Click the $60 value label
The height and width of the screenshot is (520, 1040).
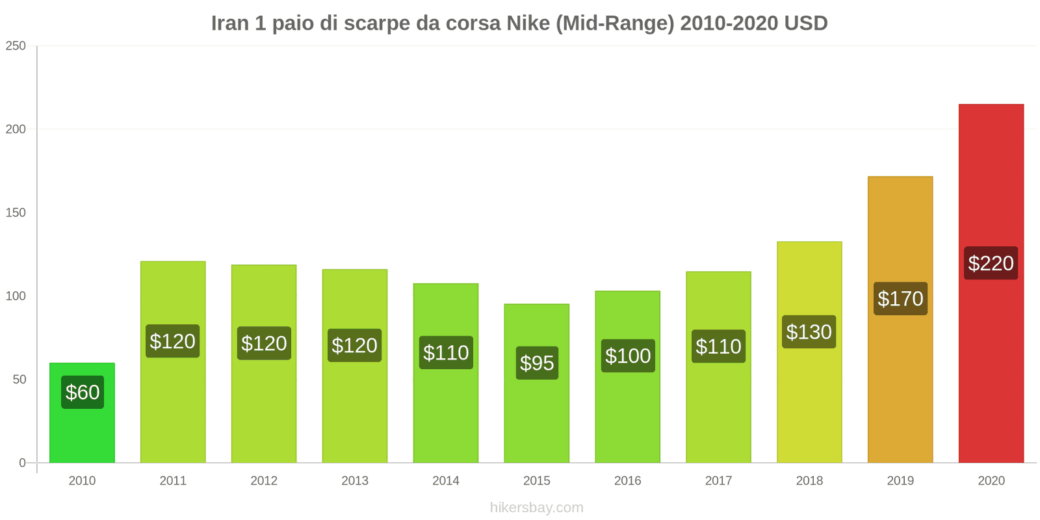tap(83, 393)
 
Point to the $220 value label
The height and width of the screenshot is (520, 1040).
tap(991, 263)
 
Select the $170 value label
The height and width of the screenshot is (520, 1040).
tap(900, 298)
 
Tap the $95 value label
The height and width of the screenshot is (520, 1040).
tap(537, 363)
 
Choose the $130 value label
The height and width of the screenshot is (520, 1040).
tap(809, 332)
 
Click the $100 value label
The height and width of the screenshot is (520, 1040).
tap(628, 356)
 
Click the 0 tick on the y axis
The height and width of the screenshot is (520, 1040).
tap(22, 463)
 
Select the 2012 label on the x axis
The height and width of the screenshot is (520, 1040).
tap(264, 480)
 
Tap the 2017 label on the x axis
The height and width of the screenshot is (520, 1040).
tap(718, 480)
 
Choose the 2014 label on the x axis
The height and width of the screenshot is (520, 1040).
tap(446, 480)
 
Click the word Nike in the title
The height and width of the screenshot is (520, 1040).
tap(528, 23)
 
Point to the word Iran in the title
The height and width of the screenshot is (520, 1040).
tap(229, 23)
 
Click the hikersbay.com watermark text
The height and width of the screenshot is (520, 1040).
tap(537, 508)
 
